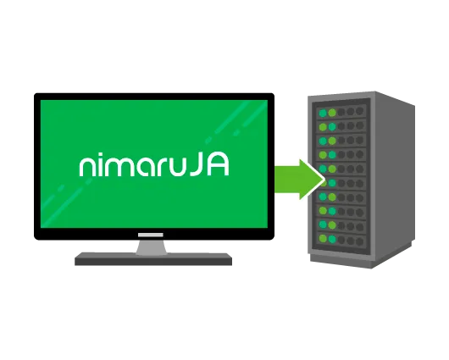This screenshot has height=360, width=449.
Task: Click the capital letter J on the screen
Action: click(x=197, y=165)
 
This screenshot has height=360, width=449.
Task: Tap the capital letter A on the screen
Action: click(x=218, y=165)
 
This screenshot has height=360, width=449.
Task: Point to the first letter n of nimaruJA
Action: click(x=86, y=167)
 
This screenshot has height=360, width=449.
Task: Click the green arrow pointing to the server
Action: click(x=299, y=180)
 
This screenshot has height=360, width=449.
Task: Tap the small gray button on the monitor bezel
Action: click(x=150, y=235)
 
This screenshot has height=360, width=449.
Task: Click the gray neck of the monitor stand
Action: click(x=151, y=246)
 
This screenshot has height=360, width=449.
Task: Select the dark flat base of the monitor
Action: click(x=153, y=259)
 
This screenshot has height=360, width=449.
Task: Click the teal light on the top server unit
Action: click(x=323, y=114)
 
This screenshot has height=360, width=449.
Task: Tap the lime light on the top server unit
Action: click(x=332, y=113)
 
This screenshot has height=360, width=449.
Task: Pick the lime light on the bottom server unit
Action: click(x=323, y=238)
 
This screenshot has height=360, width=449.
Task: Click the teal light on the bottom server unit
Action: click(x=332, y=240)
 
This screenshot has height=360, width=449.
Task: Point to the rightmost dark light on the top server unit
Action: click(x=360, y=111)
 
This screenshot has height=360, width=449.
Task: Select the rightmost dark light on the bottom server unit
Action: click(x=360, y=241)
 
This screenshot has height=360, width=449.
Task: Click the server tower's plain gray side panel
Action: click(x=394, y=178)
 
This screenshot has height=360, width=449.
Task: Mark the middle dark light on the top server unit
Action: click(x=350, y=112)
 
